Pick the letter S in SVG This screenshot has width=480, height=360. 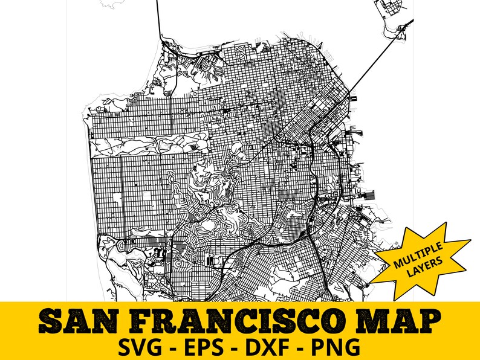128,347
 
